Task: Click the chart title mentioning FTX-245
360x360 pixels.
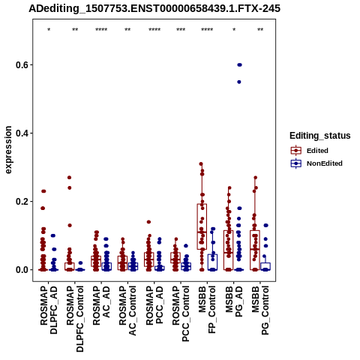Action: tap(154, 8)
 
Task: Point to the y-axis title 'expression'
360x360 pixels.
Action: tap(8, 150)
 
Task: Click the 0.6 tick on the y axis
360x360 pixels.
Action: tap(21, 65)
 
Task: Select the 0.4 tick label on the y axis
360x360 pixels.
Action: tap(21, 133)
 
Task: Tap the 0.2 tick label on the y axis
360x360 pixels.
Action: tap(21, 202)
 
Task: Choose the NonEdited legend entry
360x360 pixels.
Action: tap(316, 163)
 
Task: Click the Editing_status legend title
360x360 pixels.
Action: tap(320, 136)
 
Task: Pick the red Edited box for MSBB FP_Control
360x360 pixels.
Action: tap(202, 226)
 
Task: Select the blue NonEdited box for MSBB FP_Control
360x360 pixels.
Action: tap(212, 262)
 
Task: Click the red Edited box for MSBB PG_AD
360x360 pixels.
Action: tap(229, 250)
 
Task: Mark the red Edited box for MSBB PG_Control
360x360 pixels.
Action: tap(255, 250)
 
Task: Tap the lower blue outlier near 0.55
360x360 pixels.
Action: tap(239, 82)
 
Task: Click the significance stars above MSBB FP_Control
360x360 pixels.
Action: tap(207, 30)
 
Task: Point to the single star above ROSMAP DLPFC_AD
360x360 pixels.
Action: tap(49, 30)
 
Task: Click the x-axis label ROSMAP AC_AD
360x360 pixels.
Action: tap(101, 305)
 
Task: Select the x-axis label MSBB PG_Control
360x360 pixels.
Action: tap(260, 310)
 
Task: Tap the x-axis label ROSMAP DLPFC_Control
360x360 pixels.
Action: tap(75, 319)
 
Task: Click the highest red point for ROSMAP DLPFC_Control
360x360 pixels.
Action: tap(69, 178)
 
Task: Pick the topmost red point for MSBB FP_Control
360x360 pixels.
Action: tap(201, 164)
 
